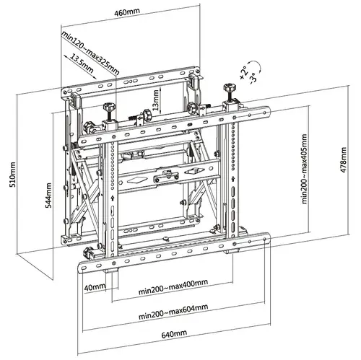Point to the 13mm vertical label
click(x=155, y=97)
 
